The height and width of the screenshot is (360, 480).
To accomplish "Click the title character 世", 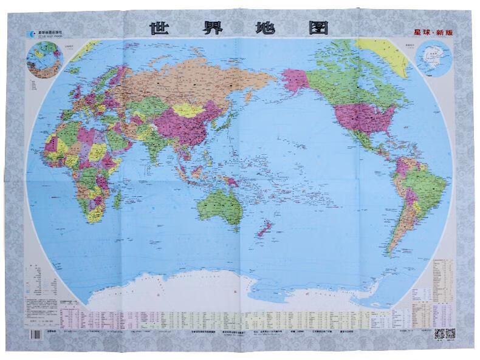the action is coord(160,28).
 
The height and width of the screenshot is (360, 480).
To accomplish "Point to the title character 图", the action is coord(317,28).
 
